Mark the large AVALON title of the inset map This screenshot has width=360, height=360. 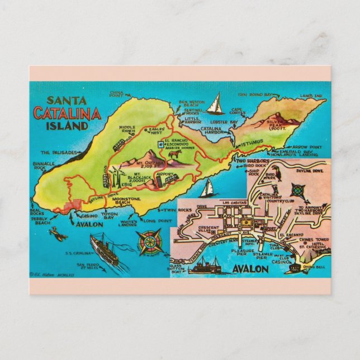point(250,269)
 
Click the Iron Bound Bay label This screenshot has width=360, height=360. point(255,95)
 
